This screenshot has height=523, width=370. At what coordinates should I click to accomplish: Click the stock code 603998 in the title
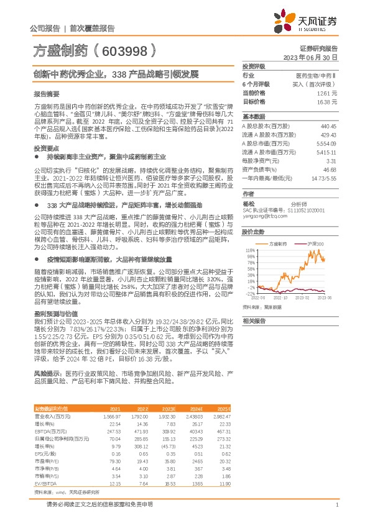[124, 50]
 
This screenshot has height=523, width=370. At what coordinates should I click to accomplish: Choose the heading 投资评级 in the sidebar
[254, 66]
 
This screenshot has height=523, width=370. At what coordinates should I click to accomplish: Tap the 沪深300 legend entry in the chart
[317, 227]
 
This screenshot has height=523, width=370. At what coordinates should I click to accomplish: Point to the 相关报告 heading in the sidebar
[254, 320]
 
